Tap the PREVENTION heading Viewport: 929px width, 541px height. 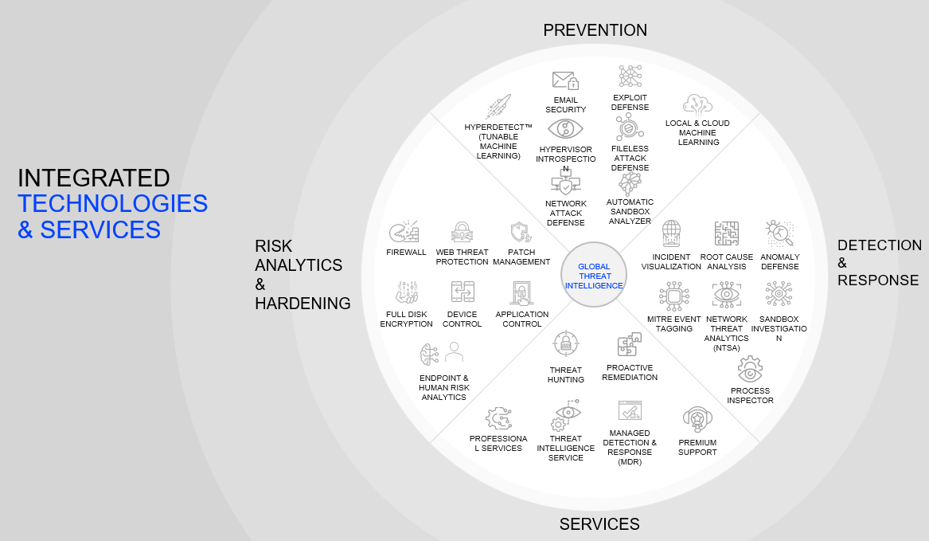tap(595, 30)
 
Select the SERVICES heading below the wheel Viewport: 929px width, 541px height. tap(599, 523)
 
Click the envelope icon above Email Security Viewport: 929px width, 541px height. tap(565, 80)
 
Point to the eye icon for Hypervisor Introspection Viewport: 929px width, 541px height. tap(565, 129)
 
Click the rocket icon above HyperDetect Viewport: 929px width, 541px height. tap(498, 107)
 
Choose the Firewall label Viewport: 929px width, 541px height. tap(406, 252)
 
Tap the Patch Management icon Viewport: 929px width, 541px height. tap(521, 233)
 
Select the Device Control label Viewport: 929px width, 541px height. tap(463, 319)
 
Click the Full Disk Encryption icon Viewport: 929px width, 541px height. tap(407, 292)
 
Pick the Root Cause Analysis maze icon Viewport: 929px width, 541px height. tap(726, 234)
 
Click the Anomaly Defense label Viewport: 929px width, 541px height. tap(779, 261)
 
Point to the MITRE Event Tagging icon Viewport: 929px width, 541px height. tap(673, 296)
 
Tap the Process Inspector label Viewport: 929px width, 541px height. tap(750, 395)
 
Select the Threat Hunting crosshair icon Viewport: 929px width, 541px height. tap(566, 343)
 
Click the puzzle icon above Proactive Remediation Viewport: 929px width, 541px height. tap(629, 345)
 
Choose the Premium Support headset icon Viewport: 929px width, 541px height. tap(697, 418)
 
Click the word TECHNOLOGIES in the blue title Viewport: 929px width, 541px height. tap(113, 203)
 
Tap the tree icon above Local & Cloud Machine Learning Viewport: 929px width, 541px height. tap(697, 104)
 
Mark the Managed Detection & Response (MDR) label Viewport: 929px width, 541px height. tap(630, 447)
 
